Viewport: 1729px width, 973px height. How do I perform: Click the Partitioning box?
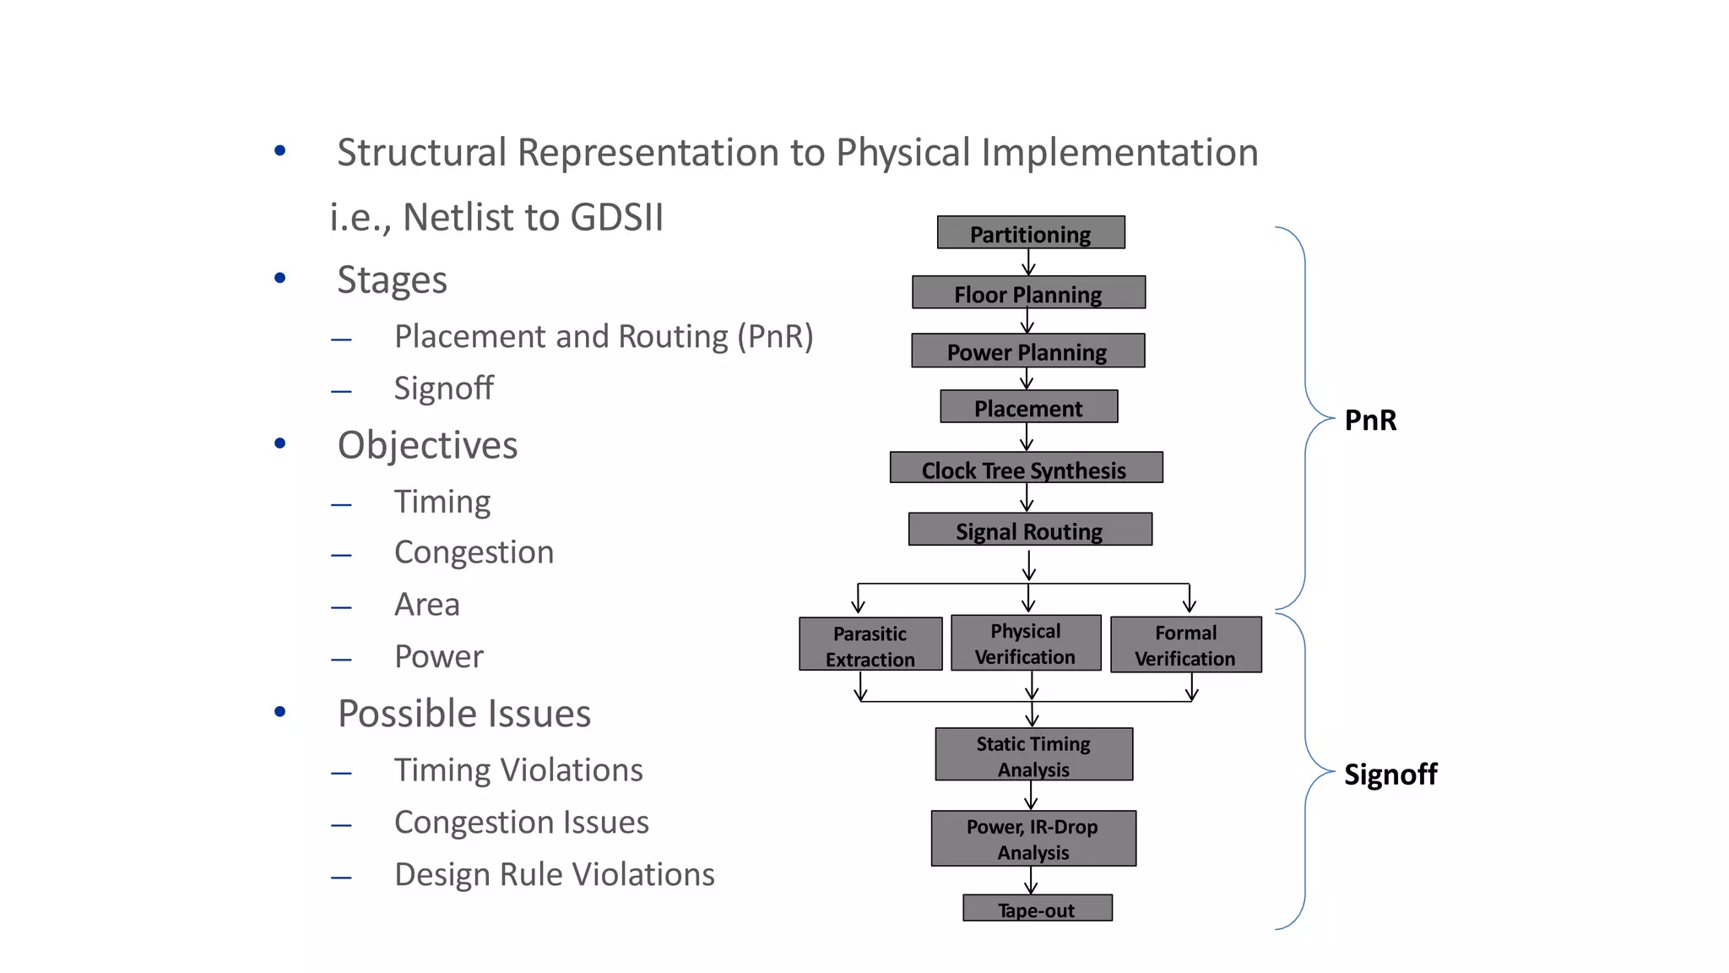tap(1030, 232)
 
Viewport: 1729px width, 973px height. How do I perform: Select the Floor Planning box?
tap(1028, 292)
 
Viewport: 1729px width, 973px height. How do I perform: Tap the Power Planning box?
tap(1027, 351)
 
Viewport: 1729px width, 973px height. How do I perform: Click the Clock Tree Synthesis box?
tap(1026, 468)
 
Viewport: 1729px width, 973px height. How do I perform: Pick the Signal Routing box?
tap(1029, 530)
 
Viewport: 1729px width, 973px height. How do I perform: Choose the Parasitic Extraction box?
tap(870, 644)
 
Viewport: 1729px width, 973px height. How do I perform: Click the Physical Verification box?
tap(1026, 643)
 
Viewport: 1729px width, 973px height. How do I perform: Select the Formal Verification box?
tap(1185, 644)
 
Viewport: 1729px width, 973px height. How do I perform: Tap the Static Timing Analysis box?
tap(1033, 754)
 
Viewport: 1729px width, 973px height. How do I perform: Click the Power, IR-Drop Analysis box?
tap(1033, 838)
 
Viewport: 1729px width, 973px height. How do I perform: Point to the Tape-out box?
tap(1037, 908)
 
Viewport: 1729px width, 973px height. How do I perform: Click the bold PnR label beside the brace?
tap(1369, 420)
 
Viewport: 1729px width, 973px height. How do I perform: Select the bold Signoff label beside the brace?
tap(1390, 774)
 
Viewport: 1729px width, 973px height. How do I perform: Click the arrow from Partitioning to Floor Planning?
tap(1028, 263)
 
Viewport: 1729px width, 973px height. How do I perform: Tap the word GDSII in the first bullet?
tap(616, 217)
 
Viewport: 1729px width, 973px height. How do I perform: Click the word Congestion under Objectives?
tap(474, 552)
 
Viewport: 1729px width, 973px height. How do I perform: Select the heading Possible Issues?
tap(463, 714)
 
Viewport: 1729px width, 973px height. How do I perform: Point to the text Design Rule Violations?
tap(554, 874)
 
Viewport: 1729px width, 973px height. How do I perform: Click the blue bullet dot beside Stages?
tap(280, 278)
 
